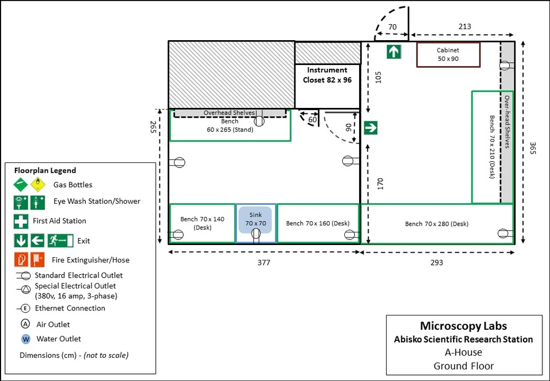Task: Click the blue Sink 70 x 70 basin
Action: coord(255,220)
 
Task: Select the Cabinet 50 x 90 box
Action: coord(448,55)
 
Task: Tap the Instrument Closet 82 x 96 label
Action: coord(327,75)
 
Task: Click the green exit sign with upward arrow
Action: coord(394,52)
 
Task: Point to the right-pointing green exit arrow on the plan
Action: coord(370,128)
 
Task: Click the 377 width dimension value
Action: coord(264,263)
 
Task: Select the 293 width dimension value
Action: coord(437,263)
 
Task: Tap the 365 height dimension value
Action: coord(532,148)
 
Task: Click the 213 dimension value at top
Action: coord(465,26)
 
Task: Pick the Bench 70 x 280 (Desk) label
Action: coord(437,224)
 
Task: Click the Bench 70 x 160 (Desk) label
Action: coord(318,224)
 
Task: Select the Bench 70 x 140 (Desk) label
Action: coord(202,223)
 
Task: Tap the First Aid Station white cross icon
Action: coord(21,221)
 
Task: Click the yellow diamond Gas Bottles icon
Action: coord(38,184)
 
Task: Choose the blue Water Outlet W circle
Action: coord(26,339)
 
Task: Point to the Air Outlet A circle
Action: coord(25,323)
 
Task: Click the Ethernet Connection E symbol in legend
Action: coord(25,308)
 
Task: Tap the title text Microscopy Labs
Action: coord(463,326)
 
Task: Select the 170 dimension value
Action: coord(380,184)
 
